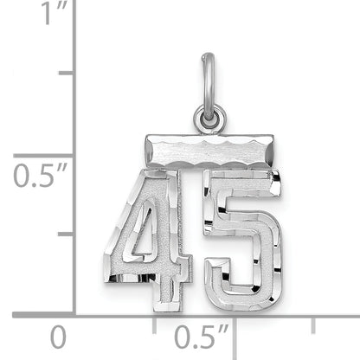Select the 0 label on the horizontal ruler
point(57,336)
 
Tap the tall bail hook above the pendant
point(208,82)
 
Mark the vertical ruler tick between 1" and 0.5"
point(66,74)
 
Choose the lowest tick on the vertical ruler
point(66,235)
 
